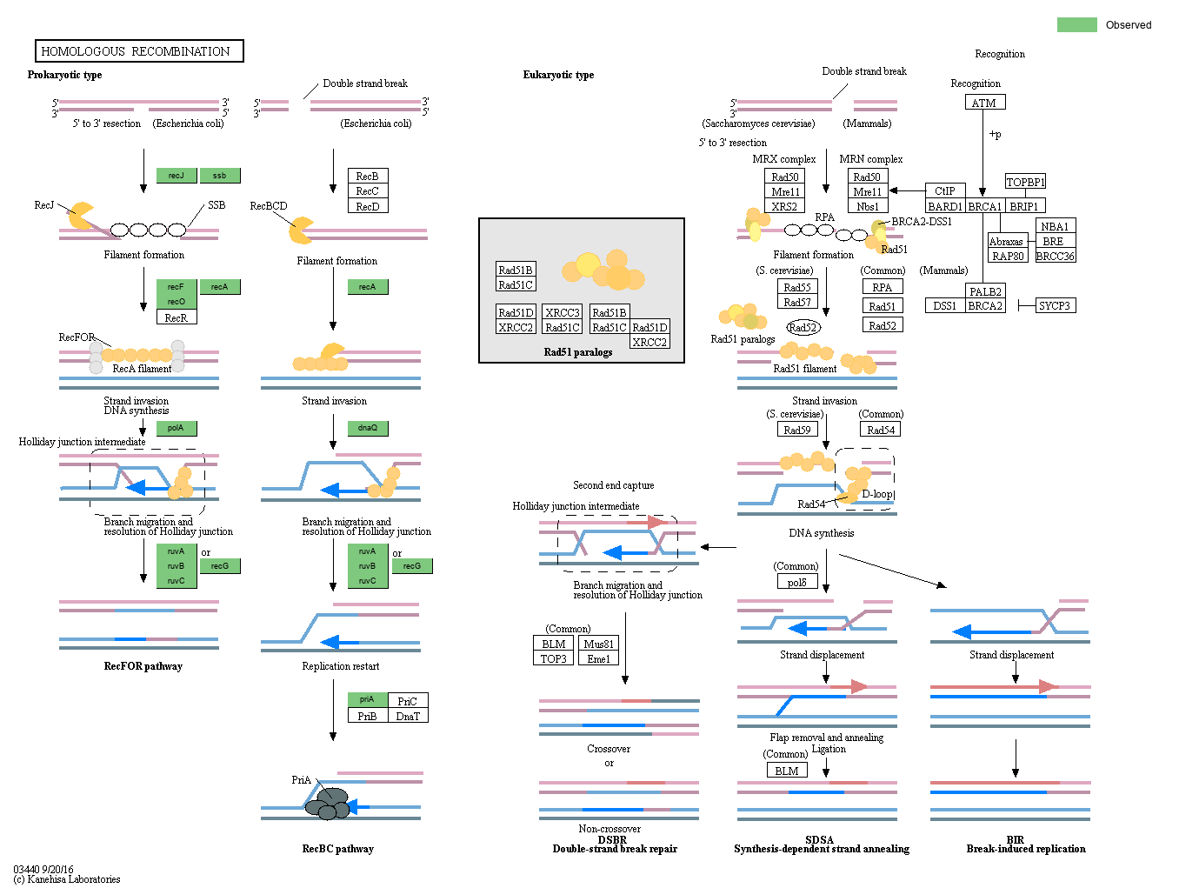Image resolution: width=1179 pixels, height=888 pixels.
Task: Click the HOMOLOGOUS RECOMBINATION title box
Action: (x=139, y=51)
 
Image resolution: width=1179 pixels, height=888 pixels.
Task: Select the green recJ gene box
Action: (x=177, y=176)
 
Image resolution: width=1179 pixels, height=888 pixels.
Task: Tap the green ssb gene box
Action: (x=220, y=176)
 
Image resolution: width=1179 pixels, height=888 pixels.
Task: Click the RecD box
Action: (x=367, y=206)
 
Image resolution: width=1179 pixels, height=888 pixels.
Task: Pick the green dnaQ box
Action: (x=368, y=428)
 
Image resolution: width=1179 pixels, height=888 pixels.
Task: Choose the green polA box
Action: (x=177, y=428)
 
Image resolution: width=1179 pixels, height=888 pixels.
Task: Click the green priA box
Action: (x=367, y=699)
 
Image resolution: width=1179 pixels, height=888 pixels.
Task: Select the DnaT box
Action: (x=408, y=716)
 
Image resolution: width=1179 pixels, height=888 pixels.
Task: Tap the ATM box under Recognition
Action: (x=984, y=103)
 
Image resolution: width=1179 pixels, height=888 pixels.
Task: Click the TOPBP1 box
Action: (x=1025, y=182)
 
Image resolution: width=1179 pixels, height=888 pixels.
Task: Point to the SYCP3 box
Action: (x=1055, y=305)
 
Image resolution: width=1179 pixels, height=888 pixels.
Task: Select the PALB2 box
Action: (x=985, y=291)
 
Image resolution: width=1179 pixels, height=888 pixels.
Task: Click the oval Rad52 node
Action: (x=803, y=328)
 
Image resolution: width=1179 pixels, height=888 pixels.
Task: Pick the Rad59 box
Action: (x=796, y=430)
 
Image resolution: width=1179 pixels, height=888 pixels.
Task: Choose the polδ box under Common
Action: (x=796, y=582)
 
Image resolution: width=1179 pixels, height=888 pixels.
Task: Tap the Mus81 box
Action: (x=598, y=644)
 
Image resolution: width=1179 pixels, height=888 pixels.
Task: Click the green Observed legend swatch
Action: (x=1076, y=24)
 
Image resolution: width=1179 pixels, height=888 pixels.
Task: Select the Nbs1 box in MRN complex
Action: (x=867, y=206)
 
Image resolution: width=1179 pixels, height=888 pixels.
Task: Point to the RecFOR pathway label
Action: (x=143, y=666)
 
